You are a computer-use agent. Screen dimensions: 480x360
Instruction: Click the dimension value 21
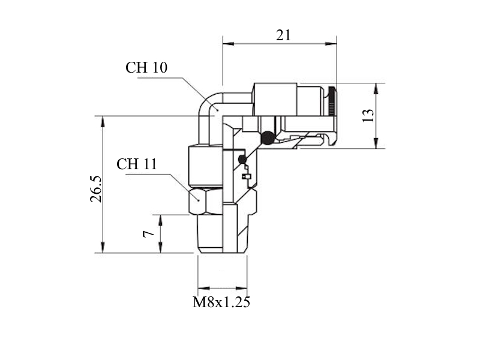point(283,35)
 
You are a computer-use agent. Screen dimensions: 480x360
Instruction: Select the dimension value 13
point(368,115)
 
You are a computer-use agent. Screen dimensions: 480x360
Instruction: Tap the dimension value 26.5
point(96,189)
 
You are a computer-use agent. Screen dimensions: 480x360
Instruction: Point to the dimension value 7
point(149,234)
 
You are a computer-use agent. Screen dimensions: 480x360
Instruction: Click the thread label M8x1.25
point(221,302)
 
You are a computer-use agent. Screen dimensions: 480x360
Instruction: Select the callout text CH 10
point(146,67)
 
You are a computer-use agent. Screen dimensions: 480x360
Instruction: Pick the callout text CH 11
point(137,164)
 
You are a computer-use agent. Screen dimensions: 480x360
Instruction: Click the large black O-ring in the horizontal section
point(268,138)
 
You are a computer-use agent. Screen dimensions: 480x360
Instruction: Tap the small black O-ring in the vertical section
point(242,160)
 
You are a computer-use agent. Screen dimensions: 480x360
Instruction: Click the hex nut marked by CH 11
point(205,202)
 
